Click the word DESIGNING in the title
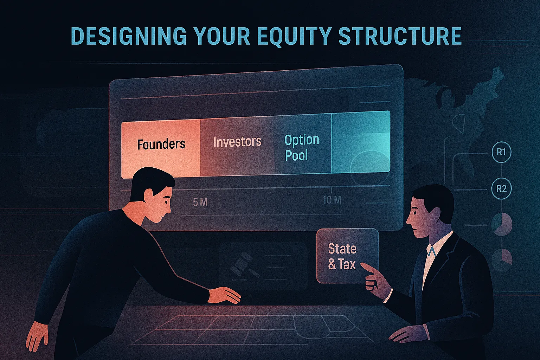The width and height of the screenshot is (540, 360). coord(128,36)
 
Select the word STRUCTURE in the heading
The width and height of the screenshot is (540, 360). coord(400,36)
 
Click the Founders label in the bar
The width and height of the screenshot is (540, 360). coord(161,144)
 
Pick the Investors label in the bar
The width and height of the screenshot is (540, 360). coord(237,142)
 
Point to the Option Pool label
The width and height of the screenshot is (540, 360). coord(302,148)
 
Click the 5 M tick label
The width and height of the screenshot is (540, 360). coord(200,202)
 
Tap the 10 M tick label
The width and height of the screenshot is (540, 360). coord(332,200)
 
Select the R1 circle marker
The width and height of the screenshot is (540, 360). coord(501,152)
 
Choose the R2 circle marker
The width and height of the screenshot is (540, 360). coord(501,189)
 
